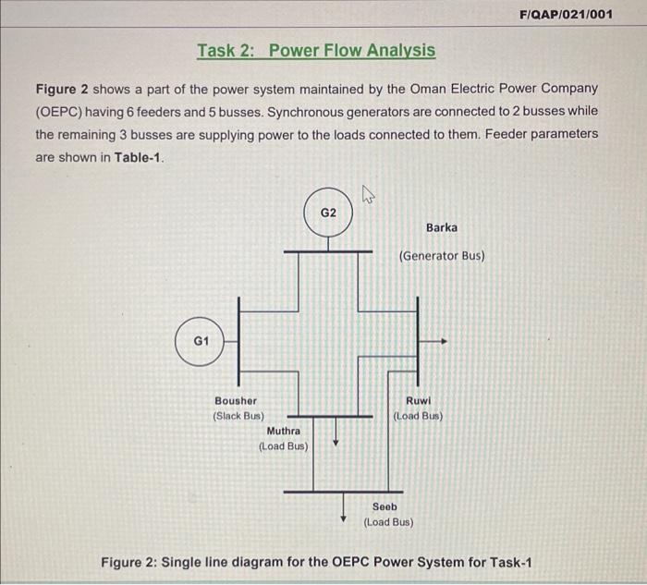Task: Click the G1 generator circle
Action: [x=201, y=341]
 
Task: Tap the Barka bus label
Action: [x=441, y=227]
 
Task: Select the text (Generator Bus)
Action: [x=441, y=256]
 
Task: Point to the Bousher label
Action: [x=236, y=401]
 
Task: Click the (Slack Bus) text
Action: [x=238, y=416]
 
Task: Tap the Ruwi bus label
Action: [x=418, y=401]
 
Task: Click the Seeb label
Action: [x=385, y=506]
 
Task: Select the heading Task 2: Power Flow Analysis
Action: [x=315, y=50]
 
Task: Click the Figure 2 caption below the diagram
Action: [x=320, y=564]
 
